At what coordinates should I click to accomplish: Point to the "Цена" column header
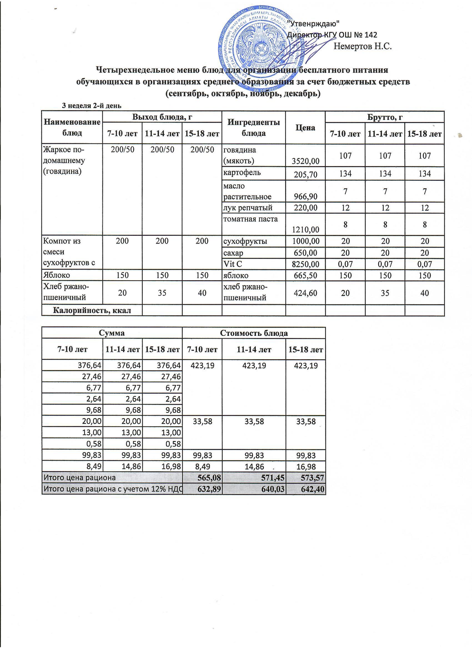(305, 128)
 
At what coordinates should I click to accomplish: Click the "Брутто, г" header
(385, 117)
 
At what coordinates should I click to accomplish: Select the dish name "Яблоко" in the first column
(56, 276)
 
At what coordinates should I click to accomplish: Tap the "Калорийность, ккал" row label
(92, 310)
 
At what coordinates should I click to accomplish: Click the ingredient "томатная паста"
(250, 220)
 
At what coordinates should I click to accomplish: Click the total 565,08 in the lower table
(210, 478)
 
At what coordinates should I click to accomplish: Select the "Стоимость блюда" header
(253, 333)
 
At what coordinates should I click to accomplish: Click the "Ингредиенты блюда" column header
(253, 128)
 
